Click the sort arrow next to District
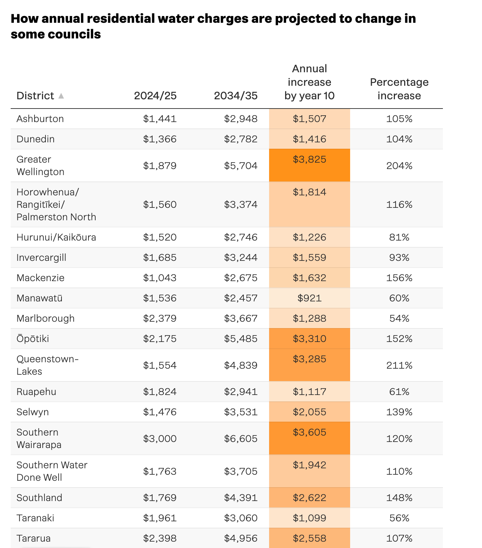pyautogui.click(x=61, y=96)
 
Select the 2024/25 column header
pyautogui.click(x=155, y=96)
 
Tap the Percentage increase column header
pyautogui.click(x=399, y=89)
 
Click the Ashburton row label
pyautogui.click(x=40, y=119)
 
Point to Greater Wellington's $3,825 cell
pyautogui.click(x=309, y=159)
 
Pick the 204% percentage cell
pyautogui.click(x=399, y=166)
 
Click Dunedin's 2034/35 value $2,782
pyautogui.click(x=241, y=139)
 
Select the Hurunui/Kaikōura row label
pyautogui.click(x=56, y=237)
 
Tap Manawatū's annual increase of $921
pyautogui.click(x=309, y=298)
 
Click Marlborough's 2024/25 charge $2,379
pyautogui.click(x=160, y=318)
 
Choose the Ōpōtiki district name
pyautogui.click(x=33, y=339)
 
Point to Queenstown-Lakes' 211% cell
pyautogui.click(x=399, y=365)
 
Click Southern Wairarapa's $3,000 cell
pyautogui.click(x=160, y=439)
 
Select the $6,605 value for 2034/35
pyautogui.click(x=241, y=439)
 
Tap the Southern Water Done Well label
pyautogui.click(x=52, y=471)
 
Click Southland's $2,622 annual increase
pyautogui.click(x=309, y=498)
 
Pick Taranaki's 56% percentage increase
pyautogui.click(x=399, y=518)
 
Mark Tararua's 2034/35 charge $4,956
pyautogui.click(x=241, y=538)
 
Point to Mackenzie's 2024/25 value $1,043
pyautogui.click(x=160, y=278)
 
